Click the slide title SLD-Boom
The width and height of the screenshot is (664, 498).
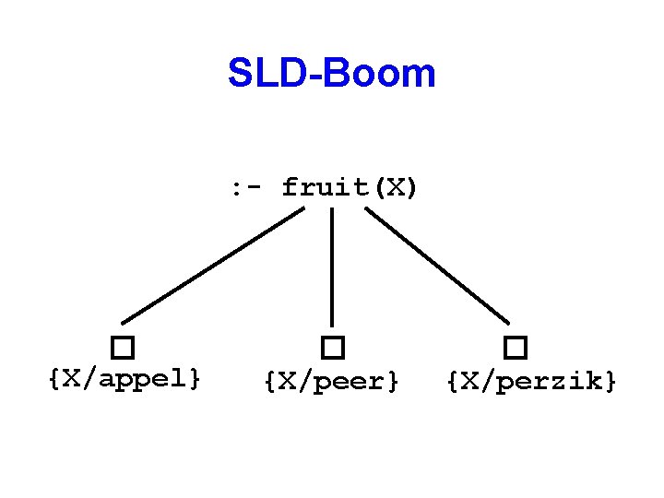(x=332, y=74)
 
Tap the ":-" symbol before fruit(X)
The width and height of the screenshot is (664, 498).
(x=247, y=188)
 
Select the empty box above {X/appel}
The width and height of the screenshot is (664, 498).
(x=123, y=348)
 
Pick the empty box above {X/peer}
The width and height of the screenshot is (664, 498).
(x=332, y=348)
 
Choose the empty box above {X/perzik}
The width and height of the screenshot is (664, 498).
(x=516, y=348)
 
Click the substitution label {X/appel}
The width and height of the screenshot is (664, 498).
(x=125, y=378)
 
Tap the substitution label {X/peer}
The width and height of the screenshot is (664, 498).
(x=332, y=379)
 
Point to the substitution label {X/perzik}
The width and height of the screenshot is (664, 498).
(x=531, y=379)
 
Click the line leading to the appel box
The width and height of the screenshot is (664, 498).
(x=212, y=265)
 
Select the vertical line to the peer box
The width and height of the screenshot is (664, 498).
(x=332, y=267)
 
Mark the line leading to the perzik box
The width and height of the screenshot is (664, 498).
(x=437, y=265)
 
